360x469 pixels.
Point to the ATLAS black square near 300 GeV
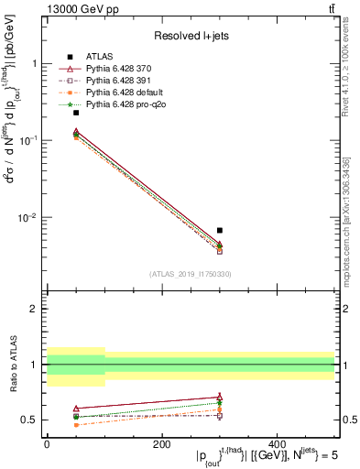(220, 231)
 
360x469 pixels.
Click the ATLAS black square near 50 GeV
(76, 113)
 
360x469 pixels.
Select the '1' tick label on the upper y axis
(34, 63)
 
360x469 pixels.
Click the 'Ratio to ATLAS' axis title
(12, 365)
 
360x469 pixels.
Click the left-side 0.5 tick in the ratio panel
(29, 420)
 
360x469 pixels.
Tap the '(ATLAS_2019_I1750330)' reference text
(191, 274)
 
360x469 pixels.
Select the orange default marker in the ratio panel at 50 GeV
(76, 425)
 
